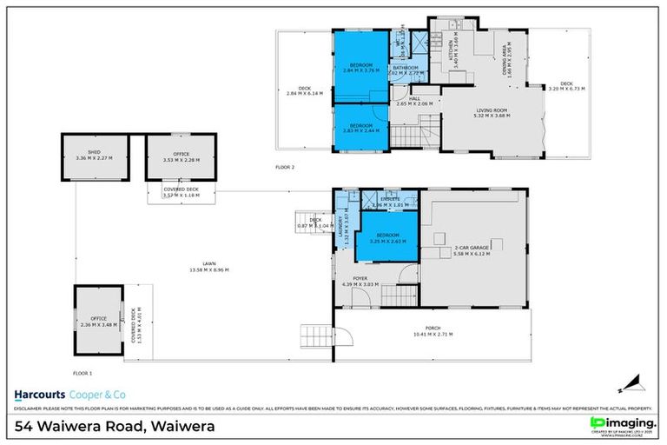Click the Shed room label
(94, 153)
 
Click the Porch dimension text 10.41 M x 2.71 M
(433, 334)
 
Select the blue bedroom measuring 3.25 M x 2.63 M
(386, 236)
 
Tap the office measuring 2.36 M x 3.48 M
(99, 321)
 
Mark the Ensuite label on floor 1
(390, 199)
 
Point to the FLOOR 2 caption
(285, 167)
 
